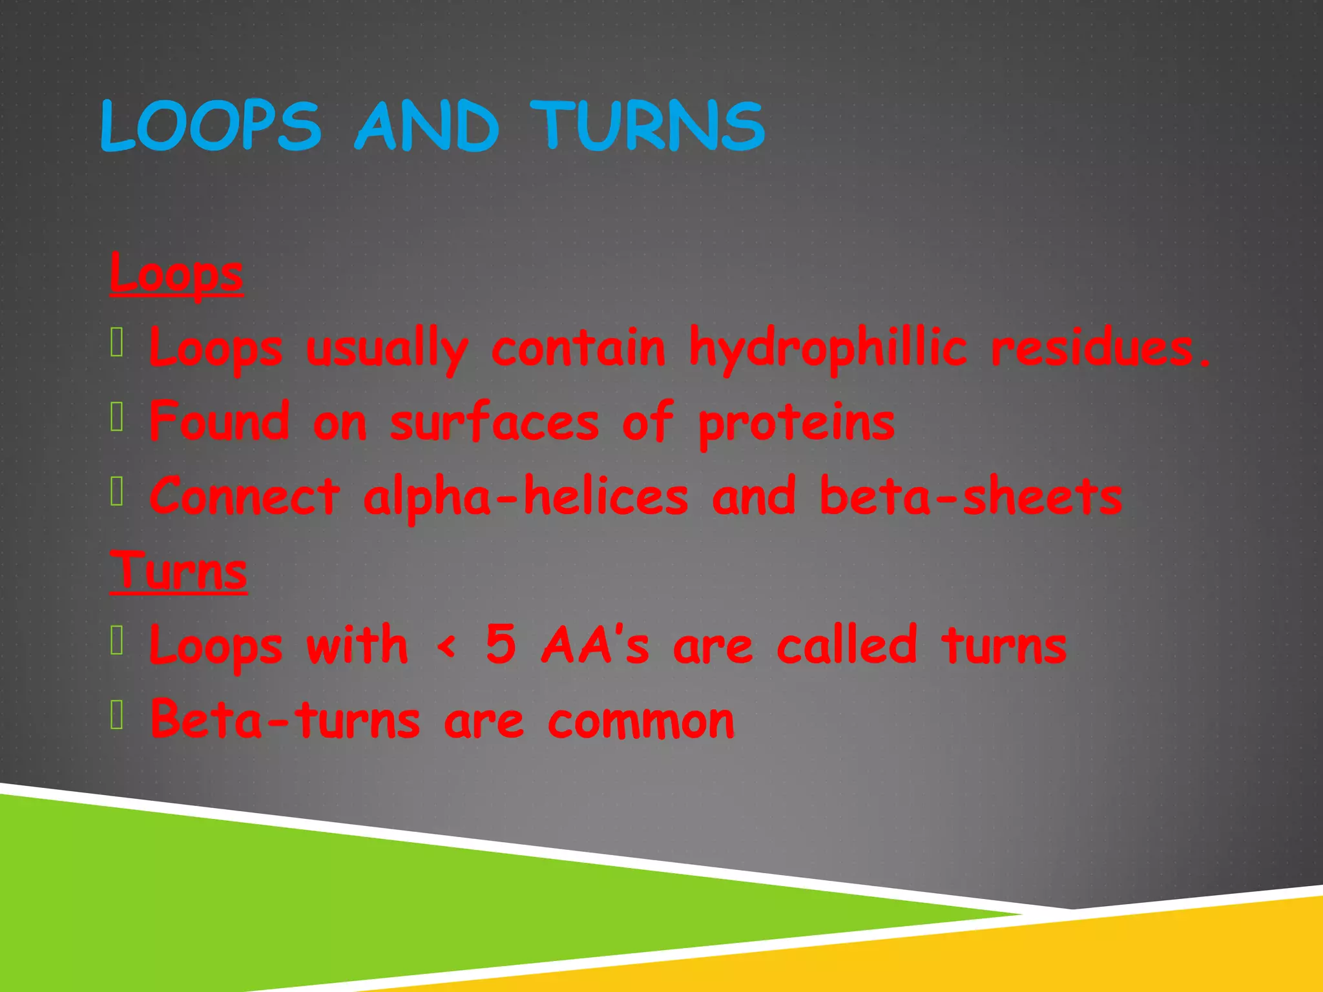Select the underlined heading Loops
[x=176, y=274]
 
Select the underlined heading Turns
[x=178, y=571]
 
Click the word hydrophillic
[x=828, y=349]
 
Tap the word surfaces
[x=495, y=423]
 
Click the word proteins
[x=797, y=423]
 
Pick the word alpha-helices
[x=526, y=497]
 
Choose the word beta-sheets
[x=971, y=497]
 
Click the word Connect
[x=244, y=497]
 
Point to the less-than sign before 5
[x=447, y=646]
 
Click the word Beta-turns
[x=285, y=719]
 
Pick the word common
[x=641, y=721]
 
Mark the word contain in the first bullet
[x=578, y=349]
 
